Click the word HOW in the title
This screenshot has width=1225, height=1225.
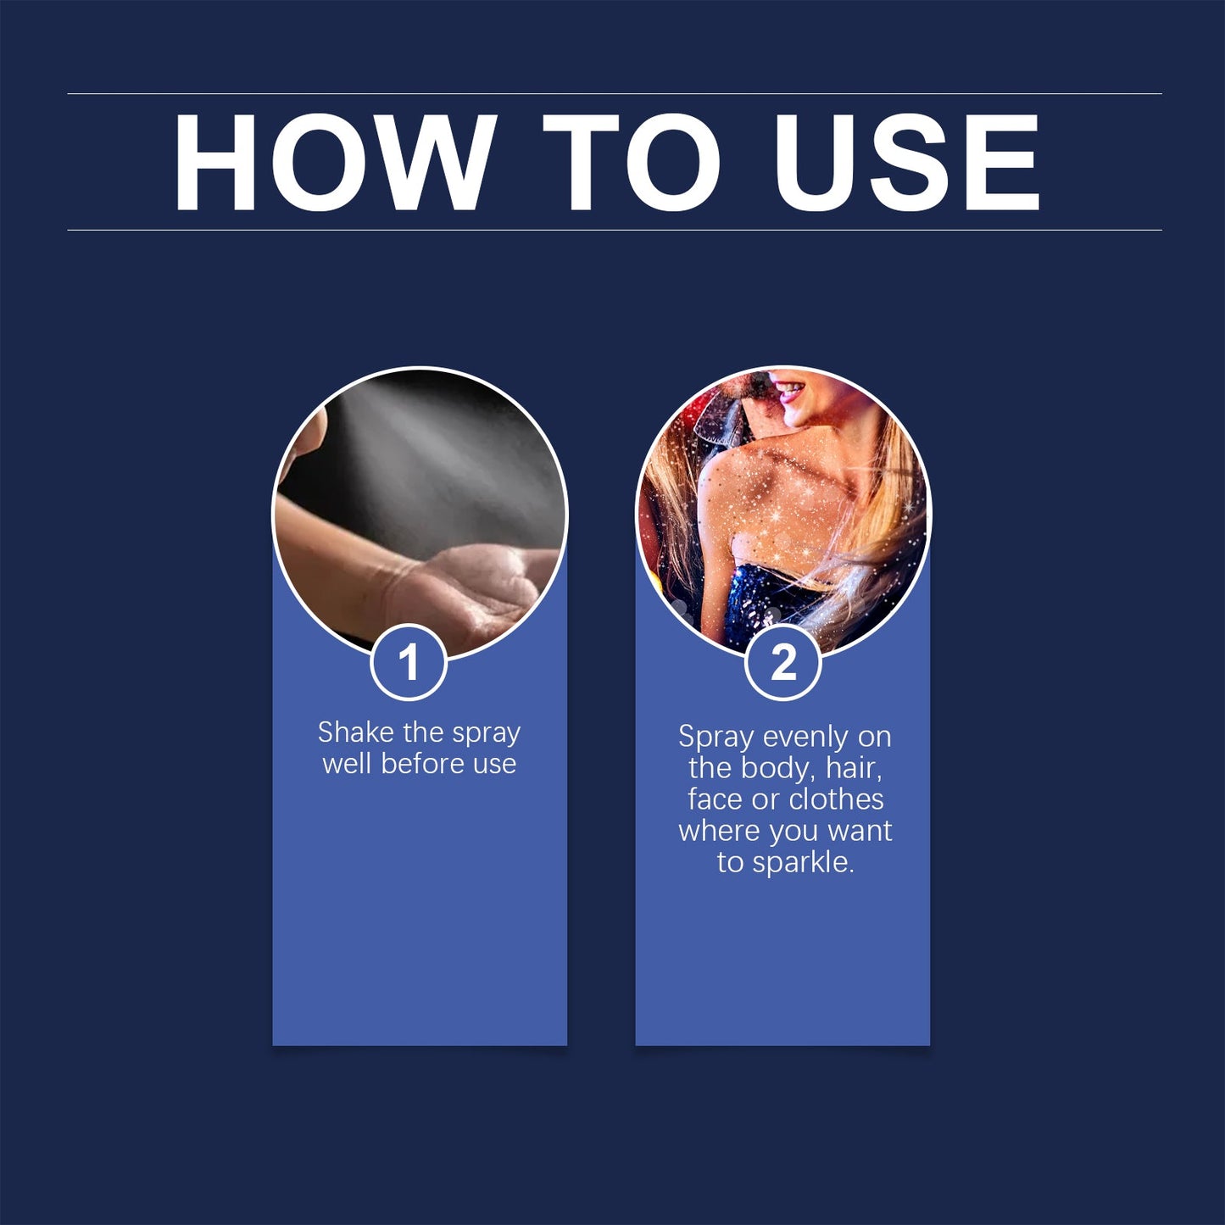click(x=334, y=163)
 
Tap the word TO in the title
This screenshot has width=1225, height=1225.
click(x=632, y=163)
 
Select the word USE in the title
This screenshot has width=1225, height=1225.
click(x=906, y=163)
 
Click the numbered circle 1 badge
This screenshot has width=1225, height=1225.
click(x=409, y=662)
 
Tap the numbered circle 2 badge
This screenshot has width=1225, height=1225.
click(x=783, y=662)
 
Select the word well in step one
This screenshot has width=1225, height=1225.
click(x=348, y=764)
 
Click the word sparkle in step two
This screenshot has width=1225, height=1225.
click(x=803, y=863)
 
